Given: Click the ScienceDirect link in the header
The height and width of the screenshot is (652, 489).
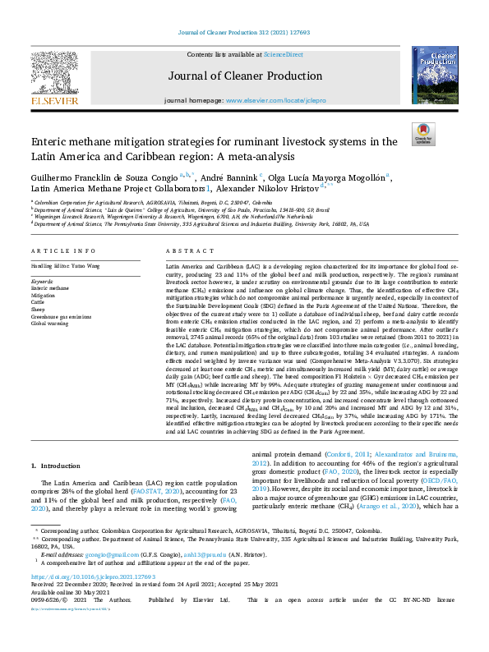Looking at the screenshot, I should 283,54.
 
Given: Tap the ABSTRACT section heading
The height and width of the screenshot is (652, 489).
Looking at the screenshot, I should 186,250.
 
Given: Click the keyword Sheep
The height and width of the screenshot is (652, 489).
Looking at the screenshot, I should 39,303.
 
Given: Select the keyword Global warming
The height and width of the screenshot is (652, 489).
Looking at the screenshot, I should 51,324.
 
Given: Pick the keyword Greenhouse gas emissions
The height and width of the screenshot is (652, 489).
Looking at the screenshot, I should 62,317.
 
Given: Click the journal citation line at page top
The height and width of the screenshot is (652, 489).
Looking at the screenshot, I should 244,32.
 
